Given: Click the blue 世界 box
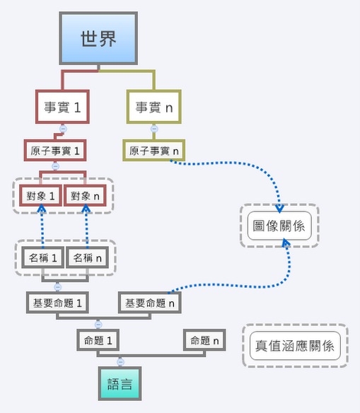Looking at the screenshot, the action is click(x=98, y=38).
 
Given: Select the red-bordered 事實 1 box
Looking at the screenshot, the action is click(x=62, y=107).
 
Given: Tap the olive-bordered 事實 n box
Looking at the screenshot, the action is click(x=154, y=107).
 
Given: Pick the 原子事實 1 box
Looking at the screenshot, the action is click(x=55, y=151).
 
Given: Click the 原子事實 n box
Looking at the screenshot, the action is click(x=154, y=151).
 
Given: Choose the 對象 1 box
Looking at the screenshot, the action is click(x=40, y=195).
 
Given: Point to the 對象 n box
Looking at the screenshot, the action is click(x=85, y=195).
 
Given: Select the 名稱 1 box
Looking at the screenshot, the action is click(x=42, y=257).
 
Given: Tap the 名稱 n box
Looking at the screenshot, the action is click(x=87, y=257).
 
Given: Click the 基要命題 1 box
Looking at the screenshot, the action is click(x=57, y=303).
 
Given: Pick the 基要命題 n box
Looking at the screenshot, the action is click(x=150, y=303).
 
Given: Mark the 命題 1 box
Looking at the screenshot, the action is click(x=98, y=340).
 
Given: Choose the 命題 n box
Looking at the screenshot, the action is click(x=204, y=340).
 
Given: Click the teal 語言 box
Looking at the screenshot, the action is click(x=120, y=383).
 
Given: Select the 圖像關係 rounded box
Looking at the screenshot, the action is click(x=279, y=226).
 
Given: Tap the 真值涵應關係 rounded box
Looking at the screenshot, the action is click(x=295, y=346).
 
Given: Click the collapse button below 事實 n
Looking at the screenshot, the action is click(x=154, y=129).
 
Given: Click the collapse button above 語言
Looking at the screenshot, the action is click(x=120, y=362).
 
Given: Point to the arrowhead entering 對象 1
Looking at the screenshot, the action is click(x=42, y=209).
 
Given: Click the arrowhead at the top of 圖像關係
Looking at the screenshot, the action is click(x=279, y=209).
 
